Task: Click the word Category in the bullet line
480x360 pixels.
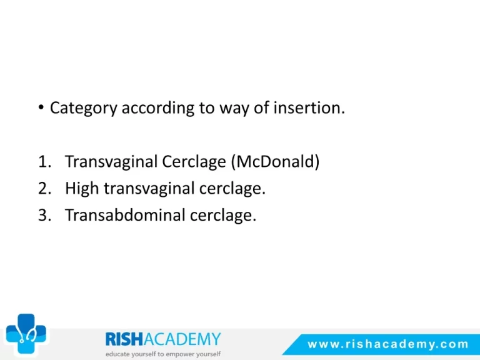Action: (83, 108)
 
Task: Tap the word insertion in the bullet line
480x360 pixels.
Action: (309, 107)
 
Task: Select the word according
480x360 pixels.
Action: (158, 108)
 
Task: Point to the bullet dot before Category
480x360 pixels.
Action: (41, 107)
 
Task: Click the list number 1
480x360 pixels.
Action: (44, 161)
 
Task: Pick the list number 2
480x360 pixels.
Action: (45, 188)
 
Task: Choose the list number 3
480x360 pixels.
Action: (45, 215)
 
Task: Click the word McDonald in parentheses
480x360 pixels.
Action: (275, 161)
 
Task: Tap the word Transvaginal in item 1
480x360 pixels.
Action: (111, 162)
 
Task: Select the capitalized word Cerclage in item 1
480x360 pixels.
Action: (194, 162)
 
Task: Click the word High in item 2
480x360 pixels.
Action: (82, 188)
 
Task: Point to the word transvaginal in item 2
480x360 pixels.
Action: (149, 189)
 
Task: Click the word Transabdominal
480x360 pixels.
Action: (125, 215)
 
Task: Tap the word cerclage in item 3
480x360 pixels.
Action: (223, 216)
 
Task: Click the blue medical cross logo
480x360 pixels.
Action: (26, 333)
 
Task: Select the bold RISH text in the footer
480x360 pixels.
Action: (124, 339)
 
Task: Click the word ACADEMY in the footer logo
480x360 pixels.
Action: (182, 339)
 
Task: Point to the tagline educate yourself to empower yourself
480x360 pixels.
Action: (163, 354)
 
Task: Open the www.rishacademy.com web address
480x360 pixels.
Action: (388, 344)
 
